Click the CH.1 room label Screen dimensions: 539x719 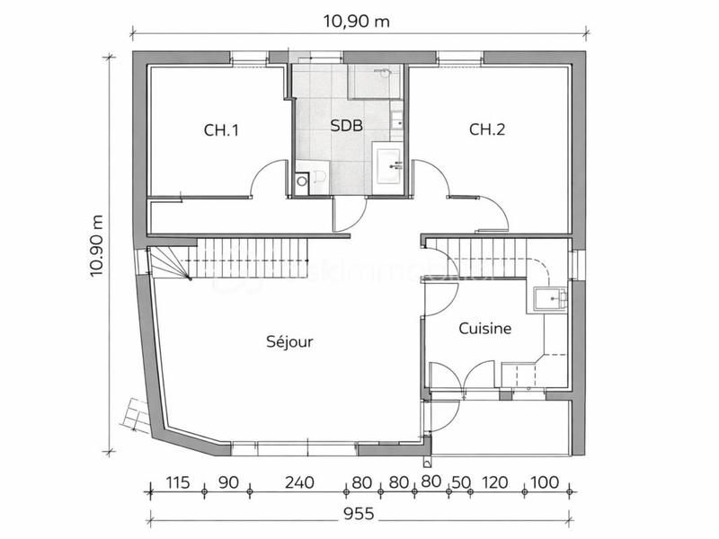point(221,130)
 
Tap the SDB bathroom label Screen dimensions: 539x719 point(346,126)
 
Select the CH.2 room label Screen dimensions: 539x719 point(487,130)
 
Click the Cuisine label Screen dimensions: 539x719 point(484,329)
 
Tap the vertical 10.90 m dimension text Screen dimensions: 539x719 point(96,247)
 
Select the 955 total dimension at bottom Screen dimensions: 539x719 point(359,515)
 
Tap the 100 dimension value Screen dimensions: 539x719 point(544,483)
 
